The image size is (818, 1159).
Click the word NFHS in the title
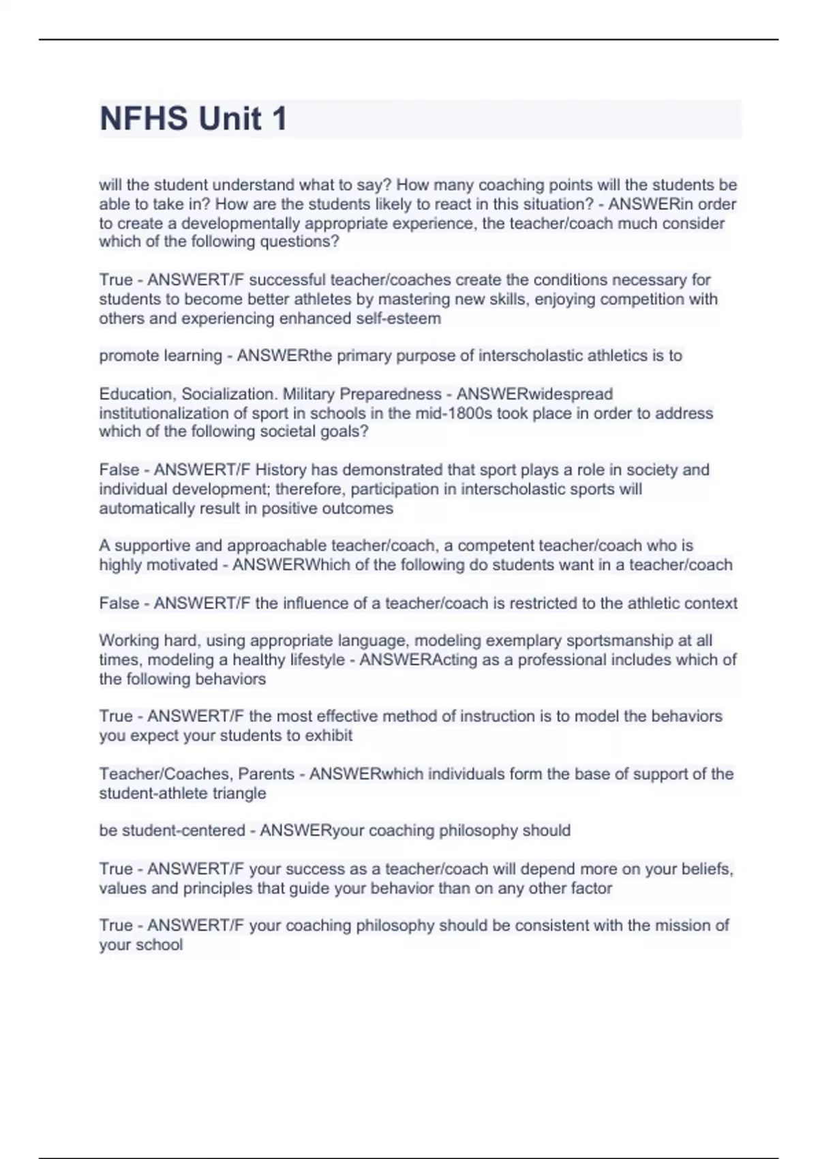pyautogui.click(x=144, y=119)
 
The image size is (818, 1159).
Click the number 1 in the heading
pyautogui.click(x=279, y=119)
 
